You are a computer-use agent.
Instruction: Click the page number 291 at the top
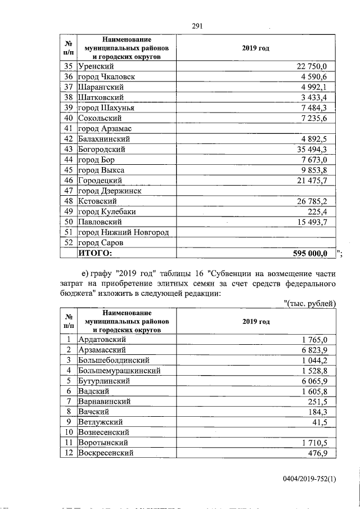click(197, 25)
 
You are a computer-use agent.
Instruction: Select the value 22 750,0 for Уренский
click(316, 66)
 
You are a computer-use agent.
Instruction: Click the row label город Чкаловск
click(106, 76)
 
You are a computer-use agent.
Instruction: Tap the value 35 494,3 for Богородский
click(316, 149)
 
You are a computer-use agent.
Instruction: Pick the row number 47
click(69, 191)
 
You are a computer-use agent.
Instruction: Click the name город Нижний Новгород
click(123, 232)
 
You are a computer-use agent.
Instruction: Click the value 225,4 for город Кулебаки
click(323, 211)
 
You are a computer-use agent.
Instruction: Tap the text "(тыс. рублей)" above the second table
click(309, 303)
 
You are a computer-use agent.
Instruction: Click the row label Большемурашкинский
click(119, 371)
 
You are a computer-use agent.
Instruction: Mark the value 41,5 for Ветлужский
click(326, 422)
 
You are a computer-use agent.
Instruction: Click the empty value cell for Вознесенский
click(256, 433)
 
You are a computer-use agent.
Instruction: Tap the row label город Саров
click(101, 242)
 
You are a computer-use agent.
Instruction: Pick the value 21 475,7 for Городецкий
click(316, 180)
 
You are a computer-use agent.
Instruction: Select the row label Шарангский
click(101, 87)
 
